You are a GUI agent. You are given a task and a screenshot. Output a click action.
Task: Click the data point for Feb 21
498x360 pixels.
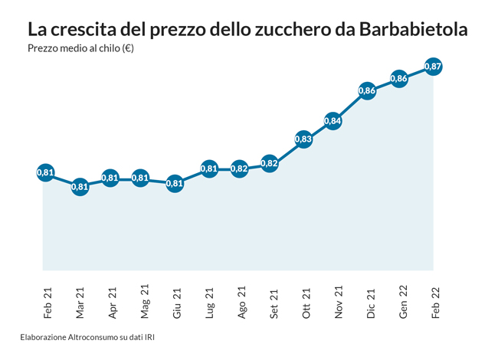tap(45, 173)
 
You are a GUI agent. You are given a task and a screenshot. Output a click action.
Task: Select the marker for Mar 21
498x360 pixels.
tap(80, 186)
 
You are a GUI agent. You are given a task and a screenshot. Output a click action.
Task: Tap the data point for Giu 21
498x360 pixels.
tap(175, 183)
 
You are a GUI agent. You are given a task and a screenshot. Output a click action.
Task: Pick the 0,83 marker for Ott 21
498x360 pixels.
tap(303, 139)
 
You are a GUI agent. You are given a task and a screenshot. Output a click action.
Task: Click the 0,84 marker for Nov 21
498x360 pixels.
tap(333, 121)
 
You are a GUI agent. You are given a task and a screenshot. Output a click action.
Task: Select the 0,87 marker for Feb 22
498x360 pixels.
tap(432, 67)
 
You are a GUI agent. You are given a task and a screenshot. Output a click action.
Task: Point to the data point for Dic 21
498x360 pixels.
tap(367, 90)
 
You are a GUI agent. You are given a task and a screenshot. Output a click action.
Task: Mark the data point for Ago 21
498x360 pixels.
tap(239, 169)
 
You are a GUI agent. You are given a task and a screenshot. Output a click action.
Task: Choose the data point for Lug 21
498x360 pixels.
tap(208, 169)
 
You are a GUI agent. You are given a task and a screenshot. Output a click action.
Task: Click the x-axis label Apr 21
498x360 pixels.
tap(113, 302)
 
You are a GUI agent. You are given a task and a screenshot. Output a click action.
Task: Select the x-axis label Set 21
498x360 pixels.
tap(274, 302)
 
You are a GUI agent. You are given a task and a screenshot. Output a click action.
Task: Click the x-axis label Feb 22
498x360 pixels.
tap(436, 302)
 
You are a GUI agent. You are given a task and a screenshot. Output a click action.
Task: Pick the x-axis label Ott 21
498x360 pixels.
tap(306, 302)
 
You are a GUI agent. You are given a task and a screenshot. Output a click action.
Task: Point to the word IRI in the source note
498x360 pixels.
tap(157, 336)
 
